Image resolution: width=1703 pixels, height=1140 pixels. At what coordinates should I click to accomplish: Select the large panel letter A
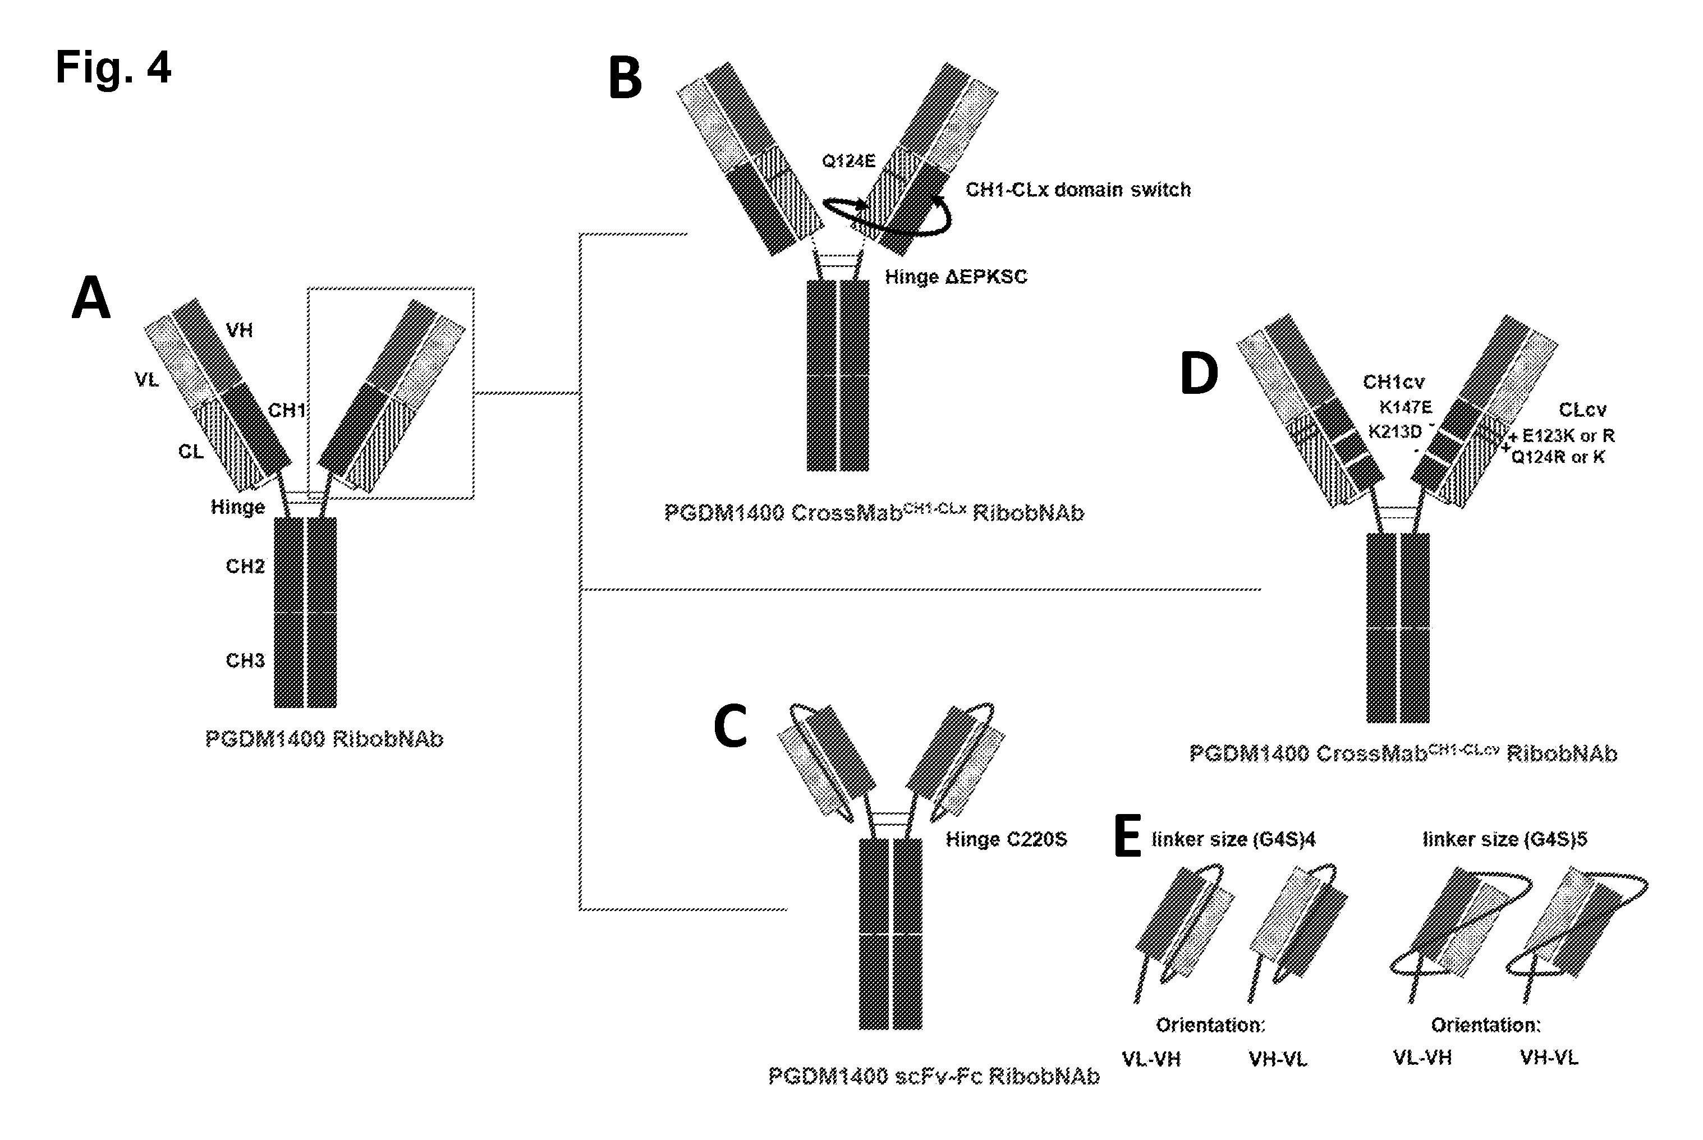[91, 297]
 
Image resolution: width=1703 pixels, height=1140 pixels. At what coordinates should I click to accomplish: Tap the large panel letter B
[625, 79]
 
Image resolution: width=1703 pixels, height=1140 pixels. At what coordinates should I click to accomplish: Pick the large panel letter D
[1199, 373]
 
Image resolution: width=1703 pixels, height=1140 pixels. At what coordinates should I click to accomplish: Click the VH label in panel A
[239, 331]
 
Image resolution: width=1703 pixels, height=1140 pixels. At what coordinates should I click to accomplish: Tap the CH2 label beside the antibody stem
[245, 567]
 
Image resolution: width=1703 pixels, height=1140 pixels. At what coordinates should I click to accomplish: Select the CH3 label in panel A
[245, 661]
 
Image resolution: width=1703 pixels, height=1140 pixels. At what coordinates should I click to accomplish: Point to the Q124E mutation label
[848, 160]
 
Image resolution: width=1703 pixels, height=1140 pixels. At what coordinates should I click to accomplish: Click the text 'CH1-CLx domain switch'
[1078, 190]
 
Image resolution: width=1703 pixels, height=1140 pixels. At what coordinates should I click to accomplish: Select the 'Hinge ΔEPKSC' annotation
[956, 277]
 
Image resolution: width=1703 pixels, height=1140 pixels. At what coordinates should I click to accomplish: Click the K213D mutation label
[1395, 432]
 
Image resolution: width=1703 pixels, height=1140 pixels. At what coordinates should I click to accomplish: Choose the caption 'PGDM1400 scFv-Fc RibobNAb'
[934, 1076]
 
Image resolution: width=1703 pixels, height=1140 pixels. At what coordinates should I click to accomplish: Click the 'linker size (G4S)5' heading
[1504, 840]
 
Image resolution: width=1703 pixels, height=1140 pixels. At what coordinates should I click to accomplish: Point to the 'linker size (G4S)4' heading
[1233, 840]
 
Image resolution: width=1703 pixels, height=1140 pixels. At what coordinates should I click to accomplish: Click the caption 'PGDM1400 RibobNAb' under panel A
[324, 739]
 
